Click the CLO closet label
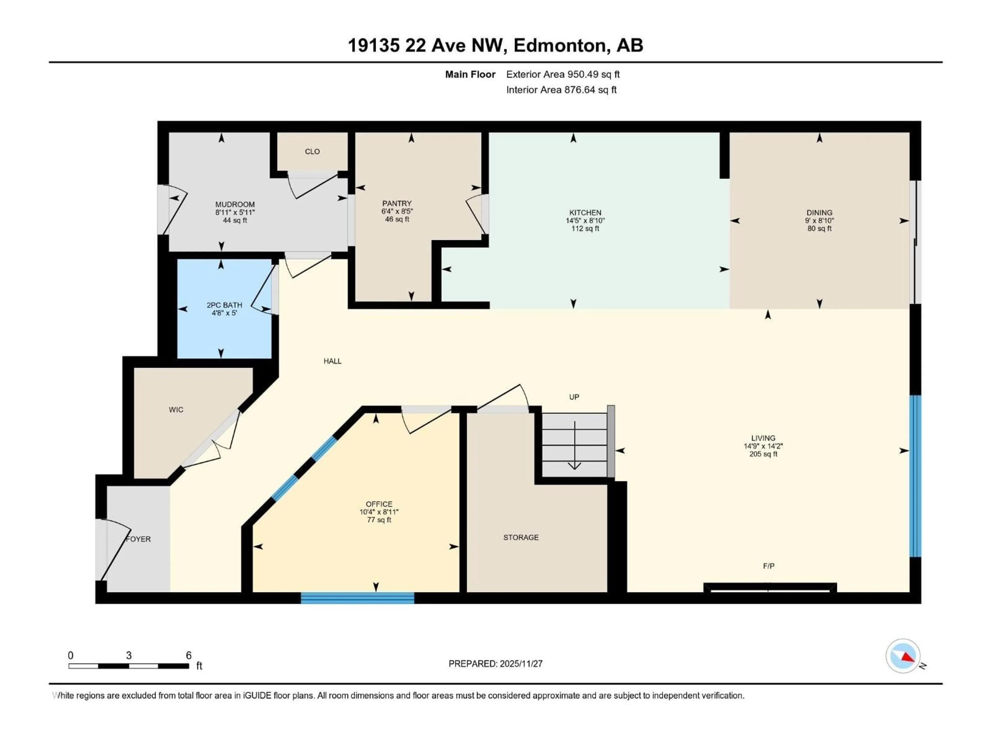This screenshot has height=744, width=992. [x=312, y=152]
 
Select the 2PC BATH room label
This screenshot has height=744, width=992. [x=224, y=305]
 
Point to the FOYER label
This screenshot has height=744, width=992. [x=138, y=539]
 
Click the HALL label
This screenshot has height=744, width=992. [x=332, y=361]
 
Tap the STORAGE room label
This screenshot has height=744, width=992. [x=521, y=537]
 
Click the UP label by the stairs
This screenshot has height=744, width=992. [x=574, y=397]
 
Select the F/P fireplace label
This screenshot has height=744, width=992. [x=769, y=566]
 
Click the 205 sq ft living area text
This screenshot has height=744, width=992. [x=763, y=454]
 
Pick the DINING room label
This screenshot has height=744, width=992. [x=819, y=213]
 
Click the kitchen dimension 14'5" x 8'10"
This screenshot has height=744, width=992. [x=585, y=221]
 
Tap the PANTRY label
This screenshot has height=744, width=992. [x=397, y=203]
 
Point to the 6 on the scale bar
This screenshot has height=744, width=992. [x=189, y=655]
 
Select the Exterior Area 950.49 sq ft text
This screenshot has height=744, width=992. [x=563, y=74]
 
